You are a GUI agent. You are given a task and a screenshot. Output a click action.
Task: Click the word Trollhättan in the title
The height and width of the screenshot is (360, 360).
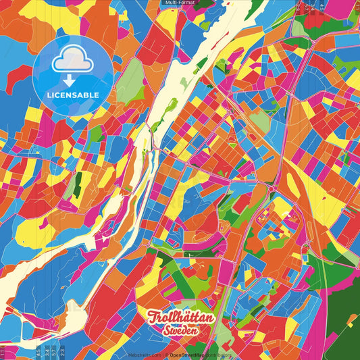pyautogui.click(x=181, y=318)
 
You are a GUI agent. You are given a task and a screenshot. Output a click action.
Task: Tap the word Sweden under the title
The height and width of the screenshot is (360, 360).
pyautogui.click(x=181, y=331)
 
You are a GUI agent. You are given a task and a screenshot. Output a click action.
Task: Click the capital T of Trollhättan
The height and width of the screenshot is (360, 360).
pyautogui.click(x=153, y=317)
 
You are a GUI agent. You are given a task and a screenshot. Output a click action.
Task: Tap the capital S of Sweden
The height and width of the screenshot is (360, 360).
pyautogui.click(x=165, y=331)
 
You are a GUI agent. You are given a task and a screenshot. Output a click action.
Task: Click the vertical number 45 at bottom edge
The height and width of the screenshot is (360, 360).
pyautogui.click(x=37, y=351)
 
